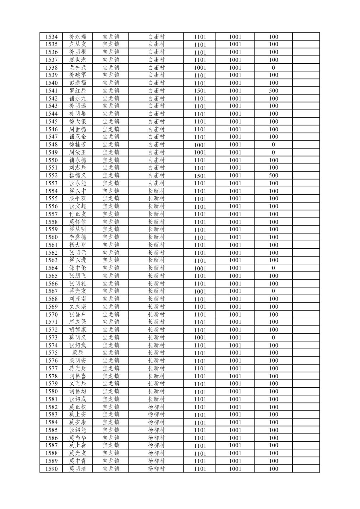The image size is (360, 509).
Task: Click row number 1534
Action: [51, 37]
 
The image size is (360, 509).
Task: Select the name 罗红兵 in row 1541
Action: [78, 90]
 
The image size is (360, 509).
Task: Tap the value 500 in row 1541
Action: [273, 90]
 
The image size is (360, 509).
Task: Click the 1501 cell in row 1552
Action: [200, 176]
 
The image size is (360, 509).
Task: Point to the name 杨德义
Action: [78, 175]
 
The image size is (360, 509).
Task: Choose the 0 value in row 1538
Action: [273, 68]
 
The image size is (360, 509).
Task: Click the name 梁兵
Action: [78, 353]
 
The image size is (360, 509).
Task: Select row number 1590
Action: [51, 469]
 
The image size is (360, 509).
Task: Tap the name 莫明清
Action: [78, 469]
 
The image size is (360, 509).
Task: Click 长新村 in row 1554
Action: [156, 191]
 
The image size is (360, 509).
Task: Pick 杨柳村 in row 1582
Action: [156, 407]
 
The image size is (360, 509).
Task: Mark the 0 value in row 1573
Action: [273, 337]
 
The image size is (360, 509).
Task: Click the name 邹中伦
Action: [78, 268]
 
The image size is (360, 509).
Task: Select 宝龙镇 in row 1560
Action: [111, 237]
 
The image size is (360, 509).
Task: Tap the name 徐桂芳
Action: [78, 145]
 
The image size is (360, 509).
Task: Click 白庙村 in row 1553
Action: [156, 183]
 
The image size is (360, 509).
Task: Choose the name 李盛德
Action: [78, 237]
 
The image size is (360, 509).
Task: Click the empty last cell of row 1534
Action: [306, 37]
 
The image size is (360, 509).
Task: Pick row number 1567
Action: [51, 291]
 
